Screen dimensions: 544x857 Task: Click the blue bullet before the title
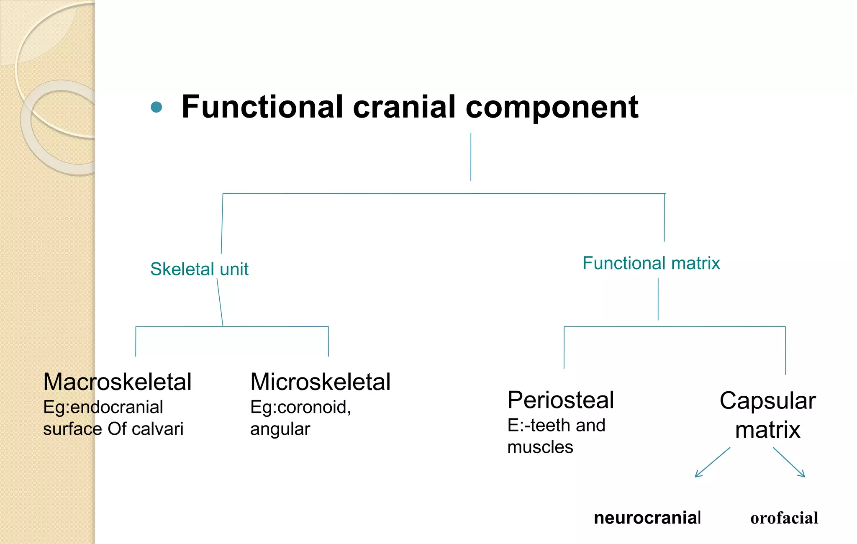tap(156, 107)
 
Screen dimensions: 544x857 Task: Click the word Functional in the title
tap(262, 107)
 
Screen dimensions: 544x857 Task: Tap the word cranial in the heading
tap(404, 107)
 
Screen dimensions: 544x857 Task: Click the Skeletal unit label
tap(199, 269)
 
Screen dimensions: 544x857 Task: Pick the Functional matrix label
tap(651, 263)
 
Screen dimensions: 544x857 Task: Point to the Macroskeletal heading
tap(117, 382)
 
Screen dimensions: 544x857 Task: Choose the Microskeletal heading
tap(320, 382)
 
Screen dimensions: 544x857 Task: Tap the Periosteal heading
tap(561, 400)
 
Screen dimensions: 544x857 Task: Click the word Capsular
tap(767, 401)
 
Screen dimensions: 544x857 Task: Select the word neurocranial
tap(647, 518)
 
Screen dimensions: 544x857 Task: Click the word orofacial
tap(784, 518)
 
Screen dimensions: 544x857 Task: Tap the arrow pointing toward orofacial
tap(789, 462)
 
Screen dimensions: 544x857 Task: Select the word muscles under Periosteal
tap(540, 447)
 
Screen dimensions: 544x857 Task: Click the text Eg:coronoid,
tap(300, 407)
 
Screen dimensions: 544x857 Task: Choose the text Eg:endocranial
tap(103, 407)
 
